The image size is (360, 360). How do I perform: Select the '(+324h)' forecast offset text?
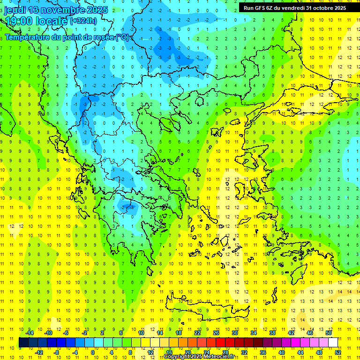pos(83,21)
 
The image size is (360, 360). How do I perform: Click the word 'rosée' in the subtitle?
pos(103,37)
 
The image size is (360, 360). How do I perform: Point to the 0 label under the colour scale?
pos(93,352)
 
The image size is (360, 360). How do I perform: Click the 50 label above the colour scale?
pos(328,333)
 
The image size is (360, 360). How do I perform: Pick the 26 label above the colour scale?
pos(216,333)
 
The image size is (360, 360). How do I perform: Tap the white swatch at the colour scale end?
pos(333,343)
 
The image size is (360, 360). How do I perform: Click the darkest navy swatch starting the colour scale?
pos(23,343)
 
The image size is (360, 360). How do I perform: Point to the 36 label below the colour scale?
pos(262,352)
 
